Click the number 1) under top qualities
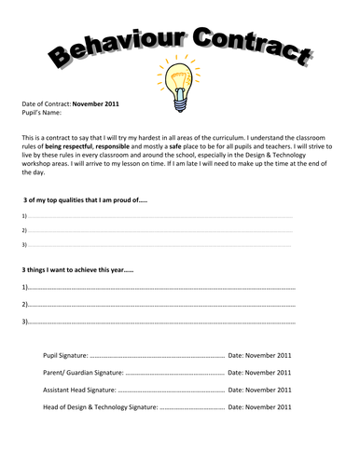tap(23, 216)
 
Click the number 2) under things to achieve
tap(24, 304)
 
